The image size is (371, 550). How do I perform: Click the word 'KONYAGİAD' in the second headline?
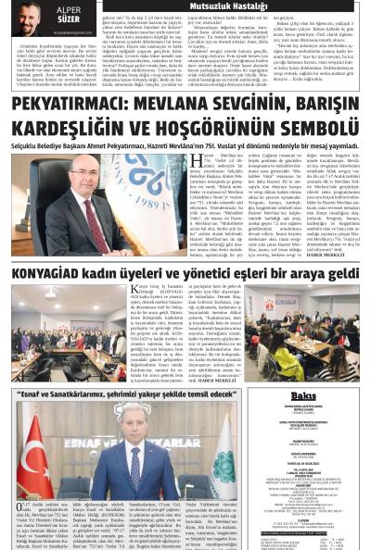pyautogui.click(x=47, y=274)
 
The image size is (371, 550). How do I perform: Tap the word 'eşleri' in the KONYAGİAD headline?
pyautogui.click(x=245, y=274)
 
